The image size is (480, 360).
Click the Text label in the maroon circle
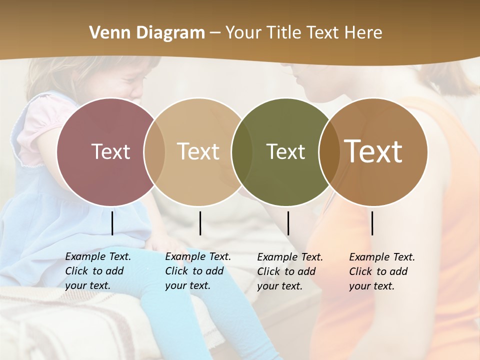tap(110, 151)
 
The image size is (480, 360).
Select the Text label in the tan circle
tap(198, 151)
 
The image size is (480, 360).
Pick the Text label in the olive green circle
tap(285, 151)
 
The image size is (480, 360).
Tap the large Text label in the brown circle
tap(373, 151)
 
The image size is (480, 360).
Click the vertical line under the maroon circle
tap(112, 223)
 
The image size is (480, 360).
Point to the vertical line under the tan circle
tap(200, 223)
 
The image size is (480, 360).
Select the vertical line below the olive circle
tap(288, 223)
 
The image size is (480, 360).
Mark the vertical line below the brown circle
tap(372, 223)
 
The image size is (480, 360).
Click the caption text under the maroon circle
tap(97, 271)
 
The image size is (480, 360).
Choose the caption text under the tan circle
tap(197, 271)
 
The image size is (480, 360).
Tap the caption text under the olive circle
tap(289, 271)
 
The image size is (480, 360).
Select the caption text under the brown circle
tap(381, 271)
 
